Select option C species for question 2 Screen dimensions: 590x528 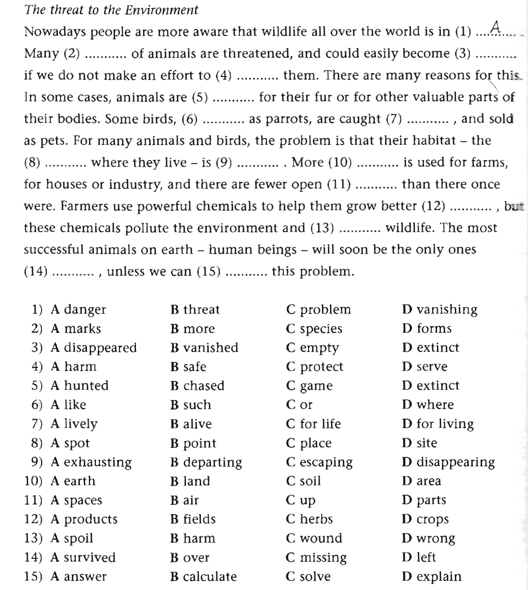click(314, 329)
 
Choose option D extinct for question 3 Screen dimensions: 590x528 click(430, 348)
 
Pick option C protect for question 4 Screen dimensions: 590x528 click(314, 367)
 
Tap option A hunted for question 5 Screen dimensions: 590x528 click(79, 385)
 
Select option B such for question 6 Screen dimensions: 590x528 click(190, 405)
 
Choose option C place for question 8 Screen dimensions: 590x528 click(309, 443)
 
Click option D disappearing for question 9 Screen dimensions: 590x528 click(448, 462)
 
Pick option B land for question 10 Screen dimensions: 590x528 click(190, 481)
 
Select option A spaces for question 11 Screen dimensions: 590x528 click(76, 500)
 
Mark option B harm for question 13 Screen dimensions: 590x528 click(193, 538)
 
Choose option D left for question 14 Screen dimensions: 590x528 click(419, 557)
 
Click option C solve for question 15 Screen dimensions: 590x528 click(308, 577)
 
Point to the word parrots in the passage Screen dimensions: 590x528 click(285, 119)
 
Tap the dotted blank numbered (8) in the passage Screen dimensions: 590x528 click(66, 164)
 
